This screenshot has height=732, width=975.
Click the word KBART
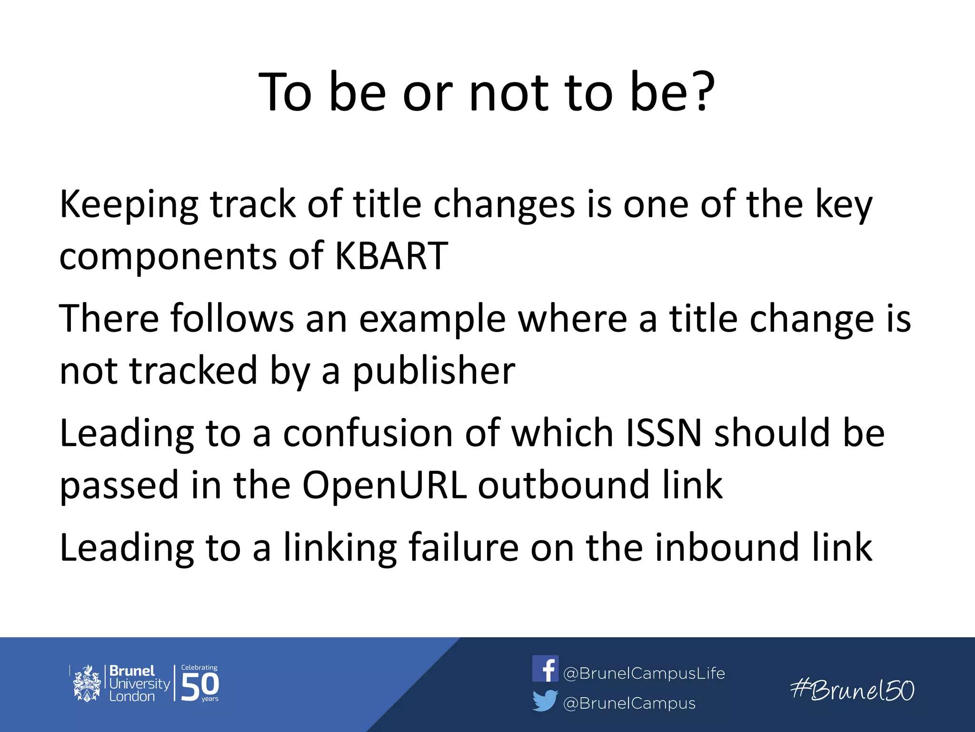pyautogui.click(x=391, y=256)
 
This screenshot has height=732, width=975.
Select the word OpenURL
pyautogui.click(x=384, y=485)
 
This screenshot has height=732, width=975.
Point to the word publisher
pyautogui.click(x=433, y=371)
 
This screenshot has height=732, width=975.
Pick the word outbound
pyautogui.click(x=563, y=485)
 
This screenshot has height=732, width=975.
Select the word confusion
pyautogui.click(x=368, y=433)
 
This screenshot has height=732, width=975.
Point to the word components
pyautogui.click(x=168, y=256)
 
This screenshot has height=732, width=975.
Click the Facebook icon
pyautogui.click(x=545, y=669)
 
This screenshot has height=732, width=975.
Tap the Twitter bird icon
pyautogui.click(x=545, y=701)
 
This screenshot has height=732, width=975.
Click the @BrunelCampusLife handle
pyautogui.click(x=644, y=673)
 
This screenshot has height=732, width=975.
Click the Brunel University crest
pyautogui.click(x=87, y=683)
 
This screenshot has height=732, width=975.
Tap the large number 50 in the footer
pyautogui.click(x=200, y=686)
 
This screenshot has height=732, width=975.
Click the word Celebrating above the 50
pyautogui.click(x=199, y=668)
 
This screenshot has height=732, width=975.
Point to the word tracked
pyautogui.click(x=194, y=371)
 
